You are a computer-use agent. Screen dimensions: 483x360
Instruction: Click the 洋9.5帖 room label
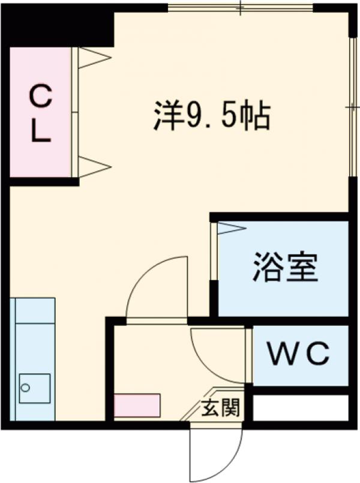[x=211, y=116]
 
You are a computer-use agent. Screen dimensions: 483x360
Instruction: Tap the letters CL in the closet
[x=41, y=114]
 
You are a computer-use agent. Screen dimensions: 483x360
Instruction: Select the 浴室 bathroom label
[x=285, y=268]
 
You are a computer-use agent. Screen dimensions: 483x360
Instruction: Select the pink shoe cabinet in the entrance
[x=137, y=405]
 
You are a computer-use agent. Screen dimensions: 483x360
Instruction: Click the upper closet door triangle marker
[x=94, y=58]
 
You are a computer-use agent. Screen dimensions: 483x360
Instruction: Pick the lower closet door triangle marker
[x=94, y=166]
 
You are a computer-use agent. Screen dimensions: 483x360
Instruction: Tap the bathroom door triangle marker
[x=230, y=228]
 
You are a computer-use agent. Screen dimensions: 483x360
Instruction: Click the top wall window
[x=240, y=8]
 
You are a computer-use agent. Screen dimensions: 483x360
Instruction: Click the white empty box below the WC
[x=300, y=408]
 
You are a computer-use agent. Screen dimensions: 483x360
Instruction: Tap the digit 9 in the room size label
[x=194, y=117]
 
